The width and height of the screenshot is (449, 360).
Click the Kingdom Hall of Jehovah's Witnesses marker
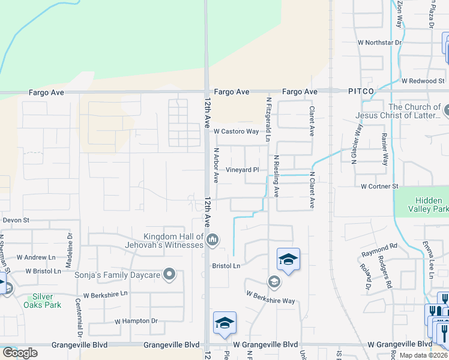click(212, 241)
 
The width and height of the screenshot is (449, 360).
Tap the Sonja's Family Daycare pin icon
click(169, 275)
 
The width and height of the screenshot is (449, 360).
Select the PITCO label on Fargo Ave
click(360, 92)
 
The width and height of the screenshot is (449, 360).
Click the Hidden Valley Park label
click(432, 205)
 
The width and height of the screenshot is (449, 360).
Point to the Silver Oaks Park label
click(42, 301)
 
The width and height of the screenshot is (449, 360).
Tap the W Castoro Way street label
click(236, 131)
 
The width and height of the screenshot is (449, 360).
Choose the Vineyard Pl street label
click(242, 170)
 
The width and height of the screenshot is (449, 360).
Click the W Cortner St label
click(379, 187)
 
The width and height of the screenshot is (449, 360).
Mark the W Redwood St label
click(422, 80)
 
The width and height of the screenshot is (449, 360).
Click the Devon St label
click(16, 220)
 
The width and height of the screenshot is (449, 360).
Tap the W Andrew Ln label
click(35, 257)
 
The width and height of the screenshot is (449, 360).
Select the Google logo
click(20, 353)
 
